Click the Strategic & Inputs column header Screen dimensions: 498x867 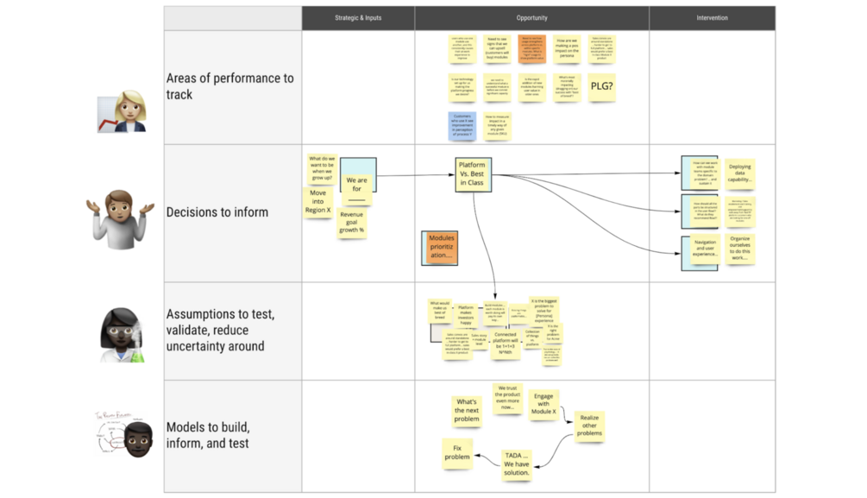tap(358, 18)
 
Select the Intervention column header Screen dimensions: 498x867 tap(712, 18)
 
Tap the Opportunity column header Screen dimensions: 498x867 tap(531, 18)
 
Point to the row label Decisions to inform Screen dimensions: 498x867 tap(217, 212)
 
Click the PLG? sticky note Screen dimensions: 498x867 tap(601, 86)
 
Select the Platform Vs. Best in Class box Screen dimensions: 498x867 tap(472, 173)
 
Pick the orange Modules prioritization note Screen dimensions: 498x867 tap(441, 248)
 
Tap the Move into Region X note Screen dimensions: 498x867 tap(317, 202)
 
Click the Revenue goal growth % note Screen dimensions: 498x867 tap(351, 224)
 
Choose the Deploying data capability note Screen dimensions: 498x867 tap(739, 173)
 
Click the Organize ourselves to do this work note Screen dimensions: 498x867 tap(739, 249)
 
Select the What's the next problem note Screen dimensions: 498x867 tap(466, 410)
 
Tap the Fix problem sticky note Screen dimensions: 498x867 tap(457, 451)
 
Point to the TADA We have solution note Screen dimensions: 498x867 tap(517, 463)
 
